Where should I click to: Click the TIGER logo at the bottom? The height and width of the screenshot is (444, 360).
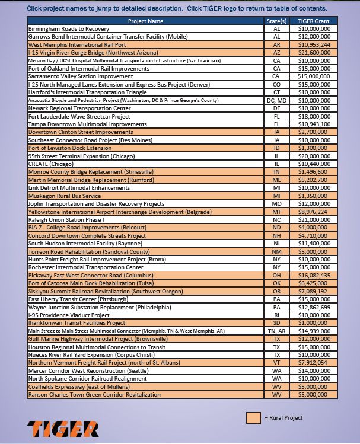[62, 428]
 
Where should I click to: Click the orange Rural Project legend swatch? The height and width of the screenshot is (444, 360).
[253, 418]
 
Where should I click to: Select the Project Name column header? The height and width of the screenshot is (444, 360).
[145, 21]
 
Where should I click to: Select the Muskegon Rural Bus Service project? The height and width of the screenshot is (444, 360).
[64, 196]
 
